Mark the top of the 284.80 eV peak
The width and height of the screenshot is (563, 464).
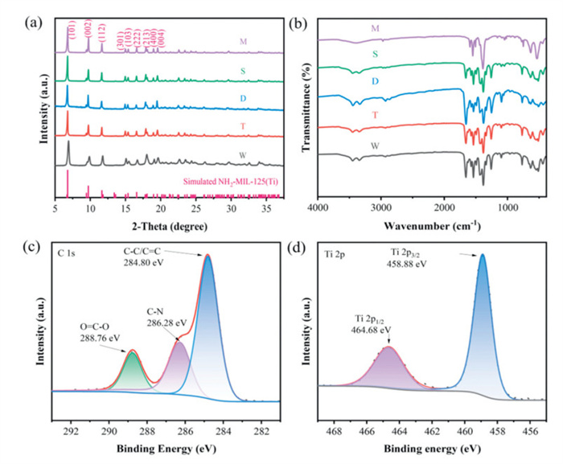coord(208,256)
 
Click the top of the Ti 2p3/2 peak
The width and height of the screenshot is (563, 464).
coord(483,255)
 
